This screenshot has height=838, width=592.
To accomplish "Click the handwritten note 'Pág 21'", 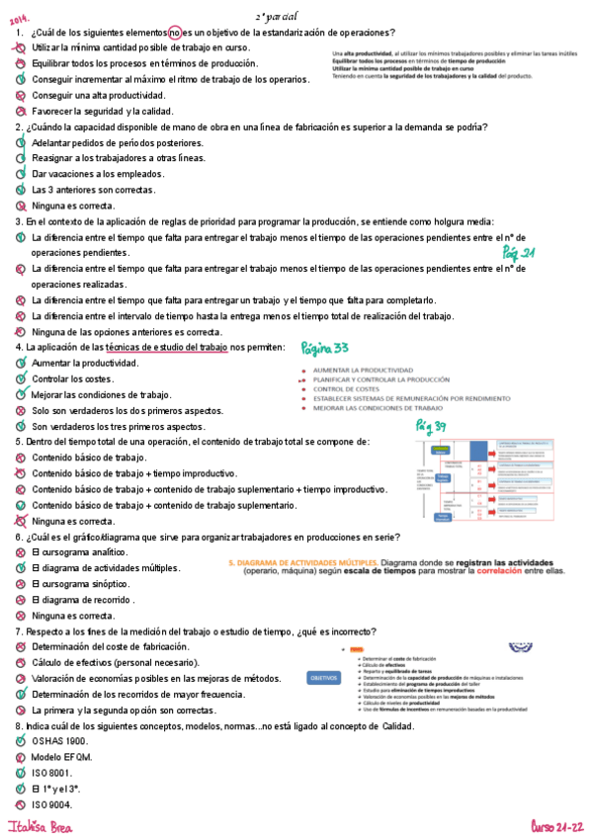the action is (518, 253).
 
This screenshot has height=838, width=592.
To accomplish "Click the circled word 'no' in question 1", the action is (175, 33).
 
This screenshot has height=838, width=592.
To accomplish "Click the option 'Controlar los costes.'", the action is (72, 379).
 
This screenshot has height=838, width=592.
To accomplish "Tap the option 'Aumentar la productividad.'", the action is (85, 364).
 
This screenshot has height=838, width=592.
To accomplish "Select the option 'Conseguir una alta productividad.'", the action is (98, 96).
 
